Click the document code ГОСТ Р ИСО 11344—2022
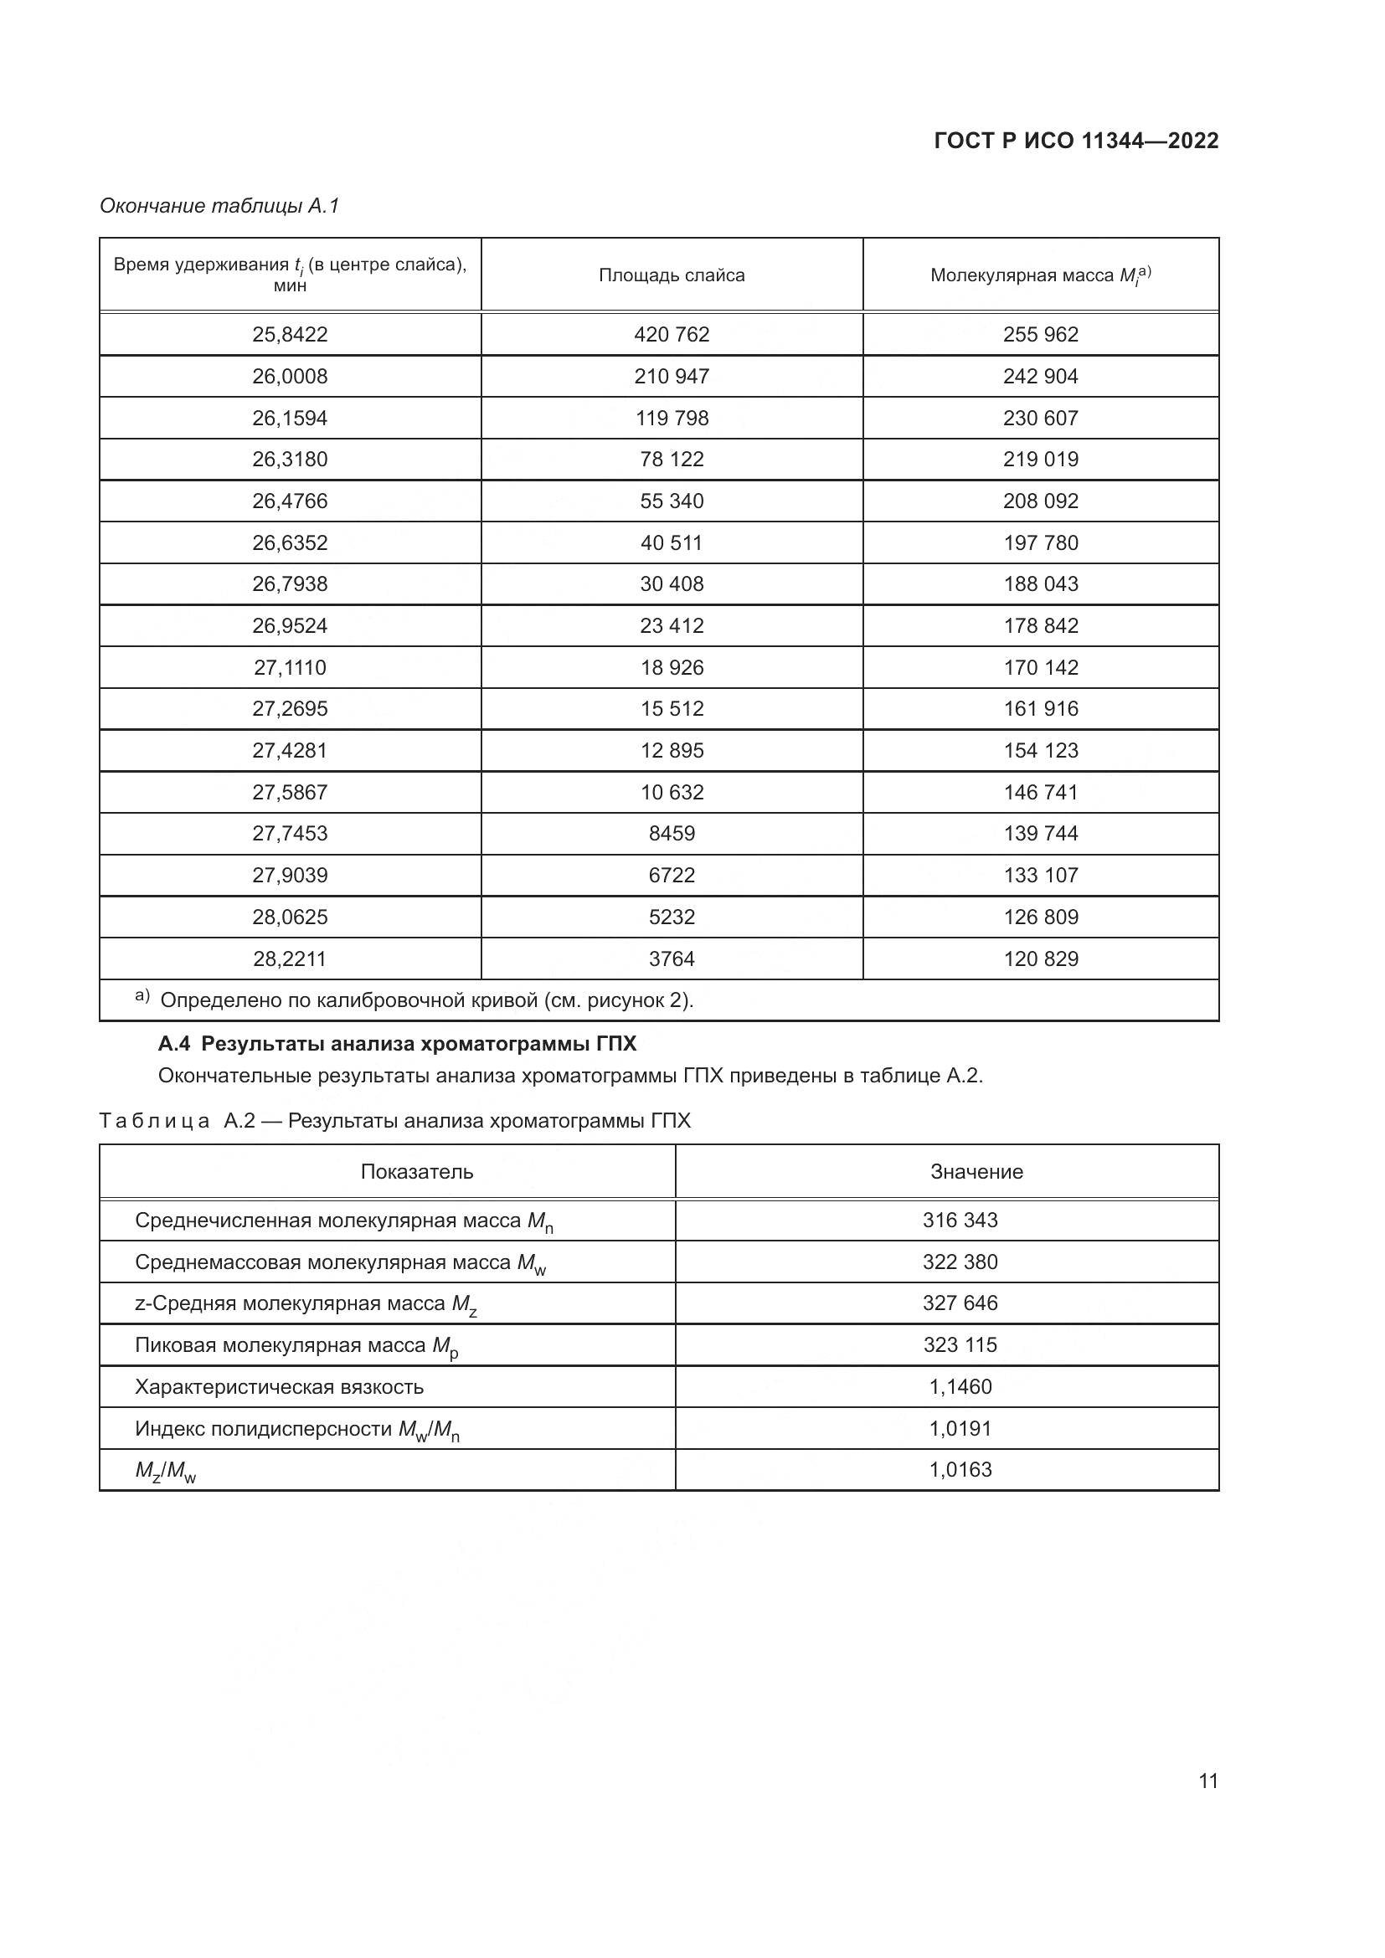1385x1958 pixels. pos(1075,141)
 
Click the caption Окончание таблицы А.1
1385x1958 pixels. pos(219,206)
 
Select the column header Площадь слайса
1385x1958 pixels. pos(672,275)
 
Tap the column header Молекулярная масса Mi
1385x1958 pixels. pos(1040,275)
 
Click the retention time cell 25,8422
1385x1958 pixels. pos(290,334)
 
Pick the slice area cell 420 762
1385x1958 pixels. pos(672,334)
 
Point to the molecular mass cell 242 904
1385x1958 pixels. pos(1040,376)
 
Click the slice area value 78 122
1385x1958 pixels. pos(672,460)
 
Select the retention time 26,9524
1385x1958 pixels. pos(290,626)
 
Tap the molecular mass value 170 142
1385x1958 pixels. pos(1040,668)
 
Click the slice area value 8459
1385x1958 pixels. pos(672,833)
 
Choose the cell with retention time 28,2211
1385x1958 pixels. pos(290,958)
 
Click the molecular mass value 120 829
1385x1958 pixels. pos(1040,958)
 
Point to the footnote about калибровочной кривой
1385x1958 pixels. pos(426,1000)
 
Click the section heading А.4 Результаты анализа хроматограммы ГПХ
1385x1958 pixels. pos(398,1044)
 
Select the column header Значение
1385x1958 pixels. pos(976,1172)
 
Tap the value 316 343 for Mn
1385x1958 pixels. pos(960,1221)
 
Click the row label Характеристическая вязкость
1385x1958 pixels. pos(279,1386)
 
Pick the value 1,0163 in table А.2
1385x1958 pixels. pos(960,1469)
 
